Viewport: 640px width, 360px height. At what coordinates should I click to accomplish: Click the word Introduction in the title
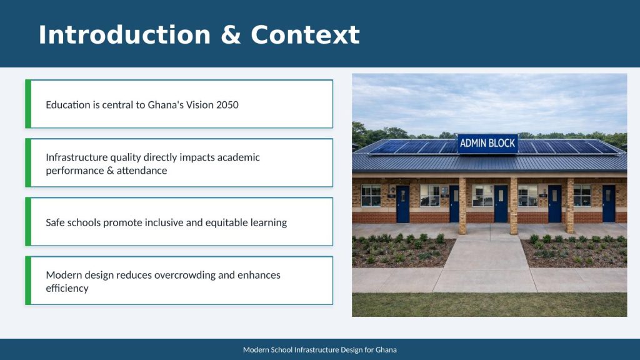point(124,35)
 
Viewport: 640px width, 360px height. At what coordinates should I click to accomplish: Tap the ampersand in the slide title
point(230,35)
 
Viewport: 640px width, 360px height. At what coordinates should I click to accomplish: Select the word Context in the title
point(305,35)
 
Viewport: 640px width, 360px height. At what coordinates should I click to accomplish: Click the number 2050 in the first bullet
point(227,105)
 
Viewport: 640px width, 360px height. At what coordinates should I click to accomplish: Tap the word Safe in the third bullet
point(55,222)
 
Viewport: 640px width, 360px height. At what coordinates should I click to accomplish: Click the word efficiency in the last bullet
point(67,288)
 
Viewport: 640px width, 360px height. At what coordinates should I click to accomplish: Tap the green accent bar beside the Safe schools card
point(28,222)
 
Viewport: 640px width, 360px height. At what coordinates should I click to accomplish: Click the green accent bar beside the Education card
point(28,104)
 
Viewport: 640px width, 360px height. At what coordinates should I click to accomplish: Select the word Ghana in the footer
point(386,350)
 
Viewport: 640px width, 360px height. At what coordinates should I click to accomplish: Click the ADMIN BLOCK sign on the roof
point(487,143)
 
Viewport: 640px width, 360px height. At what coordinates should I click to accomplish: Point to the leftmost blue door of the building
point(402,204)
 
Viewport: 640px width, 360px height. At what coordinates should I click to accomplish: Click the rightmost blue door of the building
point(609,204)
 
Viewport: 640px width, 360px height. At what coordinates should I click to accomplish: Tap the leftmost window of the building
point(371,196)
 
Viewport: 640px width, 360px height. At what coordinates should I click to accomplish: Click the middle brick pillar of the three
point(514,206)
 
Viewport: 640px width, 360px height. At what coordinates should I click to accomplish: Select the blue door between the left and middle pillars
point(501,204)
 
